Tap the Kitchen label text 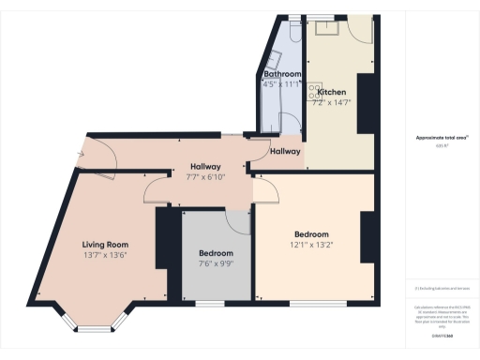(x=333, y=92)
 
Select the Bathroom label (x=281, y=74)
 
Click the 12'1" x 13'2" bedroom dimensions (x=312, y=246)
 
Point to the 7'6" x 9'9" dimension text (x=217, y=264)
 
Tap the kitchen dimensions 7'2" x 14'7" (x=333, y=102)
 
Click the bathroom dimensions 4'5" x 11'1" (x=281, y=84)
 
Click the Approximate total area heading (x=442, y=138)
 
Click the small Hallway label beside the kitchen (x=285, y=151)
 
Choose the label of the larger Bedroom (x=312, y=234)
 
